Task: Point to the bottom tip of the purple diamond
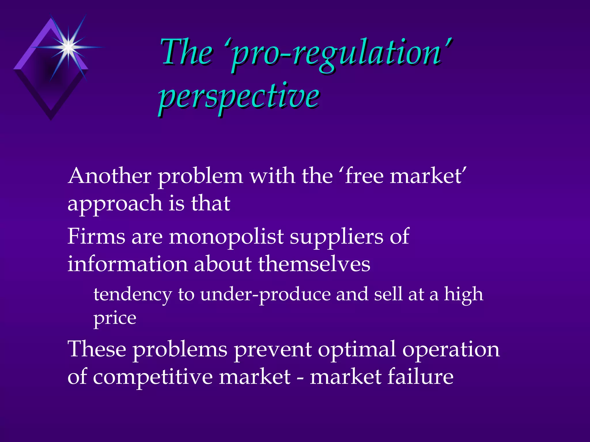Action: (51, 119)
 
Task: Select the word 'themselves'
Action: (314, 264)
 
